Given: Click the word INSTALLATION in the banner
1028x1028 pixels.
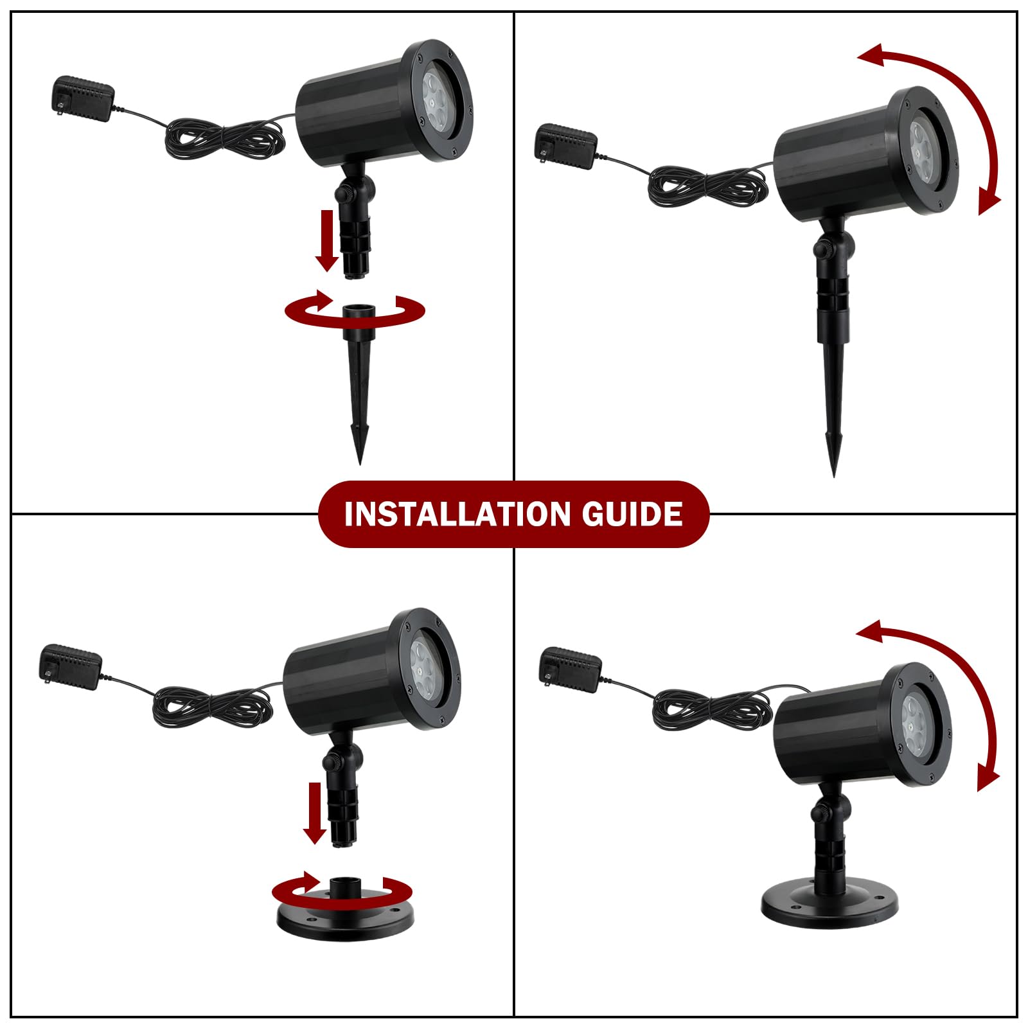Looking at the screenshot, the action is (457, 514).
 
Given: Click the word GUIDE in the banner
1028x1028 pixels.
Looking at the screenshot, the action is (633, 514).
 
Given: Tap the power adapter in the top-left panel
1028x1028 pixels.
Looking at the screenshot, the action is (82, 98).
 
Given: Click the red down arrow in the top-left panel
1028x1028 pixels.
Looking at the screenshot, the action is (328, 240).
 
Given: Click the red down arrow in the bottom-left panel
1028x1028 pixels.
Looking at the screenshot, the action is (315, 813).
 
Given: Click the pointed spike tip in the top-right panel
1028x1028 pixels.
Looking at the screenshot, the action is (834, 476).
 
